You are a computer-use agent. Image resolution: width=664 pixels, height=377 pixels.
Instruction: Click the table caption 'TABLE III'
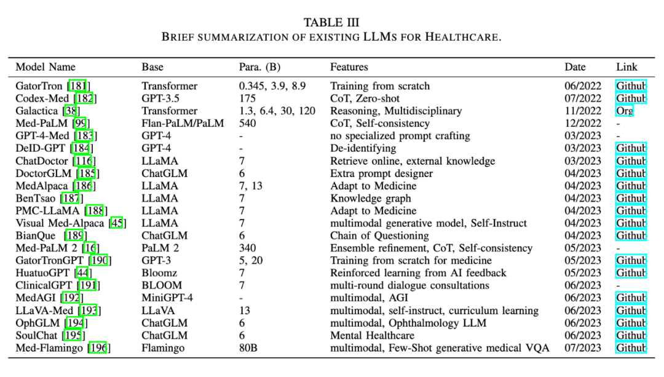tap(331, 23)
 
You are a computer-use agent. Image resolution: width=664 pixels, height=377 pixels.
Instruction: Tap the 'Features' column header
tap(349, 67)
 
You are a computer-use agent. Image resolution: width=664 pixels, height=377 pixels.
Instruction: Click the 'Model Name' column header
tap(45, 67)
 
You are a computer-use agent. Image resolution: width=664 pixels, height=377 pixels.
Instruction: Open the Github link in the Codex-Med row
tap(631, 98)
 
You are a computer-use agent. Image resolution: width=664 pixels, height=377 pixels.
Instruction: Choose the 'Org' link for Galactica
tap(625, 111)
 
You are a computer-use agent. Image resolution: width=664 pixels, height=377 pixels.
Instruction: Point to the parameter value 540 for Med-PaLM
tap(247, 124)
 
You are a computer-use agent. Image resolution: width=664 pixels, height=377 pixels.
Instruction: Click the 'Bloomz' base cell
tap(159, 273)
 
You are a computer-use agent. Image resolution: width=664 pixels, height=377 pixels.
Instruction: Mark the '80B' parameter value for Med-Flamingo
tap(249, 348)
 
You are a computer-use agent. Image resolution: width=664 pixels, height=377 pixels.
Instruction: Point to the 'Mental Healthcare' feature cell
tap(372, 335)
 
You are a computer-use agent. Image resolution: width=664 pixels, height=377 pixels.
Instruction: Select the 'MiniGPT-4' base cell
tap(167, 298)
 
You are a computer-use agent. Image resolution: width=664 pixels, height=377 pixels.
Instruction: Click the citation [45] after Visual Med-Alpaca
tap(117, 223)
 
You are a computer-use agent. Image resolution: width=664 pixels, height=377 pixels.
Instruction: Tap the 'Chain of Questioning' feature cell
tap(379, 236)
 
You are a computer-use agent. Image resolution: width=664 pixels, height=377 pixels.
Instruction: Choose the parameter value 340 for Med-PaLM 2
tap(247, 248)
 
